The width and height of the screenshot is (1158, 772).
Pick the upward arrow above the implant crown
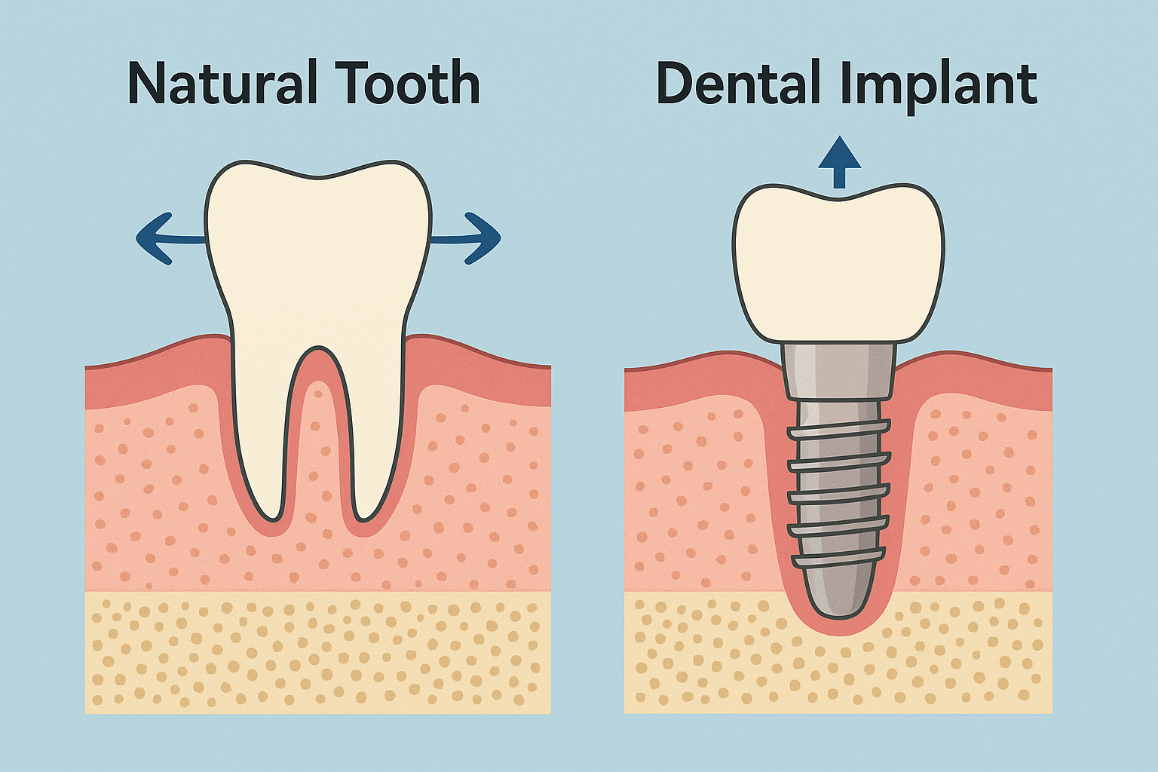[839, 160]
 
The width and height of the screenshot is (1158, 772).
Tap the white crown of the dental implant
[838, 264]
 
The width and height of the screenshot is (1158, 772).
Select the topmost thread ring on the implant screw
[839, 431]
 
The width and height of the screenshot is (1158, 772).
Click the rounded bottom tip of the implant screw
[838, 599]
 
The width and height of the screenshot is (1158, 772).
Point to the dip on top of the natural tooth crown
[319, 178]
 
